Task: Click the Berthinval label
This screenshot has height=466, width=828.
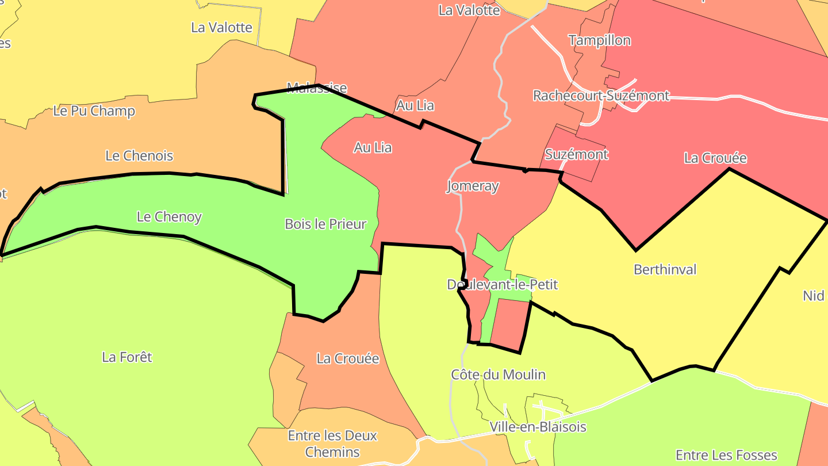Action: coord(665,269)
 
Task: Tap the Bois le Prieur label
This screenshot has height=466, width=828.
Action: coord(325,224)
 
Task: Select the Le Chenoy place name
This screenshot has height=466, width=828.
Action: coord(169,217)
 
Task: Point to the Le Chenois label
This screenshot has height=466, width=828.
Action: coord(139,155)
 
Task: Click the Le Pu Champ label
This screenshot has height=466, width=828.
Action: coord(94,111)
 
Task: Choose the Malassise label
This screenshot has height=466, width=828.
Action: coord(317,87)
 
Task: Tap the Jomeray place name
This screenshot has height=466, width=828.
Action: coord(473,186)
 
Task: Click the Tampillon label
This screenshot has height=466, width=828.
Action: coord(600,40)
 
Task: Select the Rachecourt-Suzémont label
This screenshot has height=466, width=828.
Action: coord(601,96)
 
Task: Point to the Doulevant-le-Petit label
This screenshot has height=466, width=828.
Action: coord(502,284)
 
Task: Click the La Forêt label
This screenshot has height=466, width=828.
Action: coord(127,357)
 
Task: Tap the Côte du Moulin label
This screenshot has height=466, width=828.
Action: coord(498,375)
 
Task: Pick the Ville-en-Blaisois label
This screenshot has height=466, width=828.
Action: coord(538,427)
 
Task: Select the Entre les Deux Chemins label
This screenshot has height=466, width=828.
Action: coord(332,444)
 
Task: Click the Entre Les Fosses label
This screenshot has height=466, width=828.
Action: coord(726,455)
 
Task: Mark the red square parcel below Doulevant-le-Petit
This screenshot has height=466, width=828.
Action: coord(509,325)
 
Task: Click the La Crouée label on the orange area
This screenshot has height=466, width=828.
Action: coord(348,358)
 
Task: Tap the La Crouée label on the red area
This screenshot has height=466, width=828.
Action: coord(715,158)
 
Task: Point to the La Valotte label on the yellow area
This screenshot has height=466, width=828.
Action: coord(221,27)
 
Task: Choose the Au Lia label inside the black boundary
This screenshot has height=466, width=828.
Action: coord(373,147)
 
